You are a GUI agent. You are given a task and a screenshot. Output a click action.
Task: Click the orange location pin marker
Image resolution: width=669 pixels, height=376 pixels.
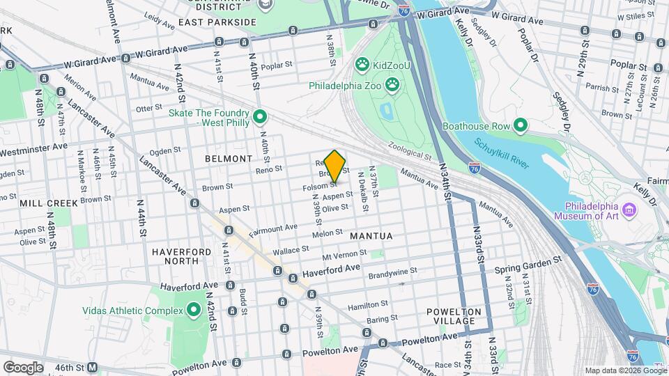click(x=335, y=166)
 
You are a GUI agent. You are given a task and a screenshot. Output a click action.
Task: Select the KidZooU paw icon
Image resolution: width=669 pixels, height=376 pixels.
click(x=362, y=65)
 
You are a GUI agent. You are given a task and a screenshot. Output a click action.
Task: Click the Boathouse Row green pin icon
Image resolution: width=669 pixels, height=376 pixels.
click(x=520, y=126)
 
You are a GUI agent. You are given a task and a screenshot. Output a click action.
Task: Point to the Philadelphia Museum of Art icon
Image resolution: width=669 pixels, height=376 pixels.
click(x=629, y=209)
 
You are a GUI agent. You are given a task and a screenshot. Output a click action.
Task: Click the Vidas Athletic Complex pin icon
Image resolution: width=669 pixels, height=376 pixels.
click(x=193, y=309)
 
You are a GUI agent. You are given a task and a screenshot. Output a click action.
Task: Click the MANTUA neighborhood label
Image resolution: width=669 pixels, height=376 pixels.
click(x=371, y=236)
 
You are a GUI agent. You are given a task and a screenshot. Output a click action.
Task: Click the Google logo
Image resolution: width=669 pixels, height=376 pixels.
click(x=23, y=367)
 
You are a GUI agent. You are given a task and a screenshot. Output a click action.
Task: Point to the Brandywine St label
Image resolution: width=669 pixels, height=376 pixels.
click(x=393, y=272)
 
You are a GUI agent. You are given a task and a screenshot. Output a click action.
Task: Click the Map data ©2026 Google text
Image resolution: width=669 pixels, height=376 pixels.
click(x=624, y=370)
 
